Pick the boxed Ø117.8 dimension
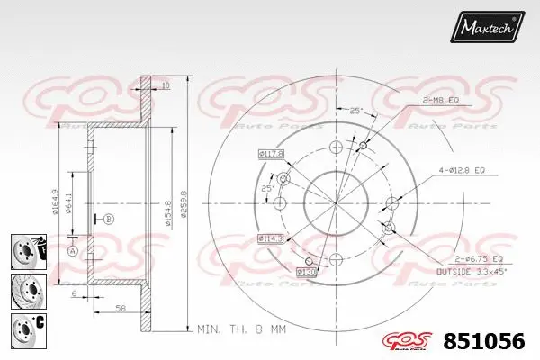[271, 154]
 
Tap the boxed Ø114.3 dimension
[271, 238]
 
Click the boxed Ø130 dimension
[308, 270]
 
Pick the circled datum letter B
[109, 219]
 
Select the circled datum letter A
[74, 249]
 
